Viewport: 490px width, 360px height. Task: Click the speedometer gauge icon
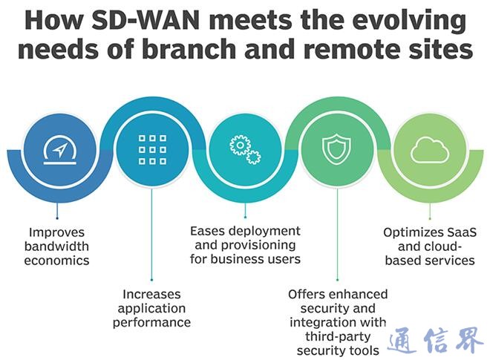coord(59,149)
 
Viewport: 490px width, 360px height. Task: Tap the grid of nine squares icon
coord(151,149)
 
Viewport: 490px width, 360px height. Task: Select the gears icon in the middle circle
coord(244,149)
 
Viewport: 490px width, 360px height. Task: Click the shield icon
coord(336,149)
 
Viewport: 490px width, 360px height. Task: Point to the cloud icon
coord(430,149)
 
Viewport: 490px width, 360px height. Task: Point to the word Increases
coord(151,293)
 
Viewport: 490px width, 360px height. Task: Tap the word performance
coord(153,322)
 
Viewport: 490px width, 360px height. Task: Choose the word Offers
coord(307,294)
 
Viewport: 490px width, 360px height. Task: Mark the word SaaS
coord(460,232)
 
